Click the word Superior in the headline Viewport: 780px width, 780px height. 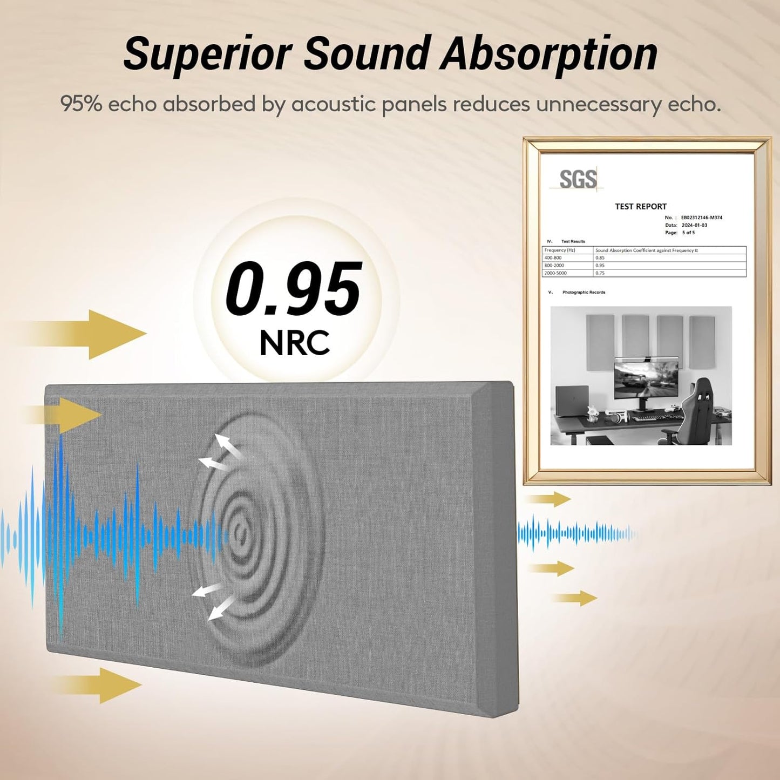(207, 54)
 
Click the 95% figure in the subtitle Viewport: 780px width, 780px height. (81, 104)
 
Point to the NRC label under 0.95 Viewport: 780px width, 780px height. (294, 343)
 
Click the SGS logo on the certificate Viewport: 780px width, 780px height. (578, 180)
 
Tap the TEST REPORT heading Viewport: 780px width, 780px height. (641, 206)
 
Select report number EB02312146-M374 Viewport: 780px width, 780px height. (701, 218)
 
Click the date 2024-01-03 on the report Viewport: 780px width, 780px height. (694, 225)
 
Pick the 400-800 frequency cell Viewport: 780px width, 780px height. (553, 258)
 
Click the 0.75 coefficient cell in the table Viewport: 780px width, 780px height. (600, 273)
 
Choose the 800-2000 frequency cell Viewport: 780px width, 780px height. (554, 266)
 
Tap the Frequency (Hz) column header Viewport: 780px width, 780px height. (560, 250)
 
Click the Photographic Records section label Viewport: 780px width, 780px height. (584, 292)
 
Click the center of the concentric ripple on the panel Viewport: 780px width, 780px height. (240, 533)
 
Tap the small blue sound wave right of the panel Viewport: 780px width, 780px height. (575, 534)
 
